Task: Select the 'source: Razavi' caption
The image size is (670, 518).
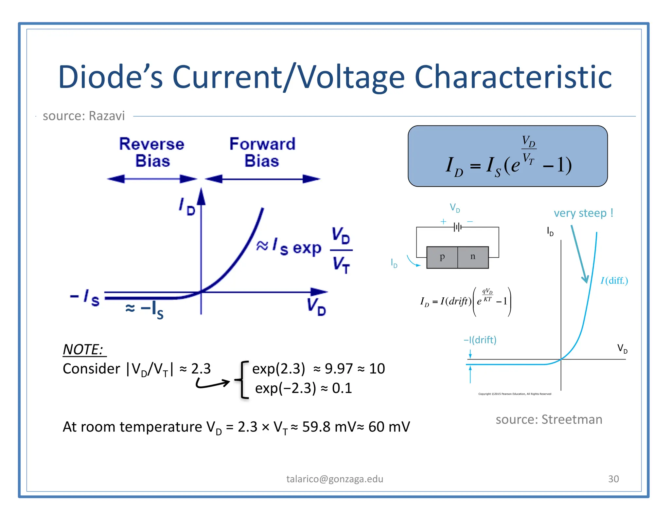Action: click(84, 116)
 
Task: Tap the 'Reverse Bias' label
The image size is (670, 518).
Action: click(152, 152)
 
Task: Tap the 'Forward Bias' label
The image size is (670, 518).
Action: click(262, 152)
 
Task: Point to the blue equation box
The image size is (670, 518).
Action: click(507, 156)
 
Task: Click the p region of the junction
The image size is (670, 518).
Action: click(442, 257)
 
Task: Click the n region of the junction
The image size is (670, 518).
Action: click(473, 257)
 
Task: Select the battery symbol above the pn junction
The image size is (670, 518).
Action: click(457, 227)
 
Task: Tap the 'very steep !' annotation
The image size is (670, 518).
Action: click(583, 213)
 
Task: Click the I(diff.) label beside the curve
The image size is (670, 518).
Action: click(614, 281)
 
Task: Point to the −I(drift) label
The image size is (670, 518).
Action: click(480, 340)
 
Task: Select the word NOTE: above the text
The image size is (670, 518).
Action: click(83, 350)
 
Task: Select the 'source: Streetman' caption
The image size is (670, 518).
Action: click(549, 419)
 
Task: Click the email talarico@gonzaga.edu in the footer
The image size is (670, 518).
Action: click(335, 479)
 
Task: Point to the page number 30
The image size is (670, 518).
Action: click(613, 479)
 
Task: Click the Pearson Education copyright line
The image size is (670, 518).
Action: click(515, 394)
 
